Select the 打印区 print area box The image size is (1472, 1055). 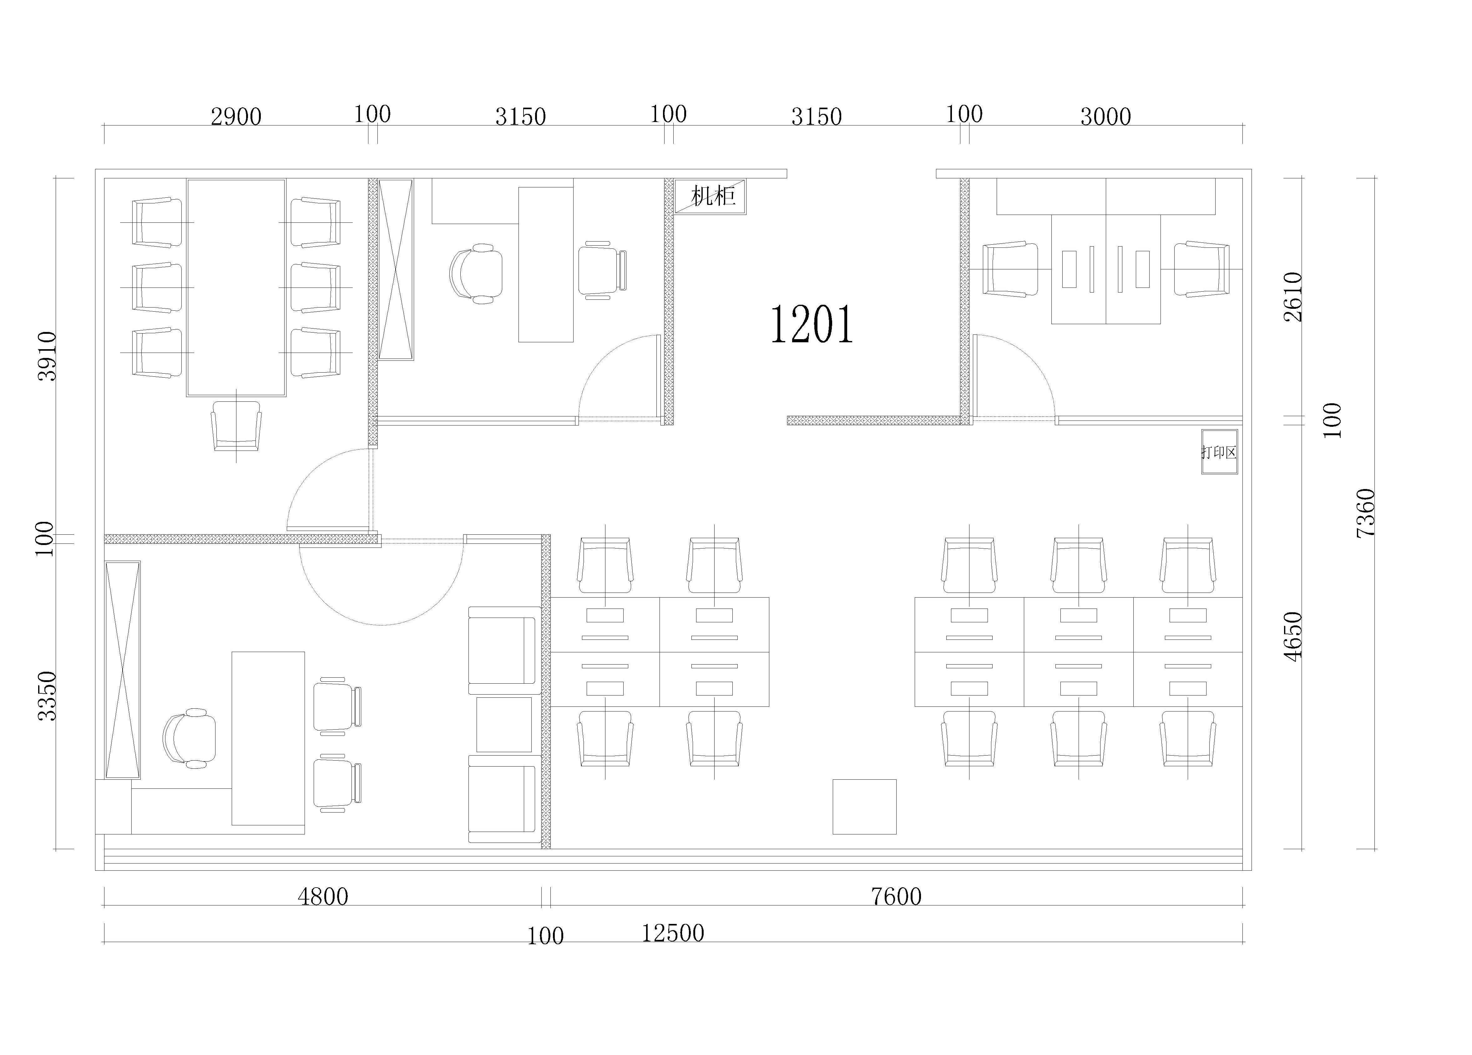[x=1219, y=452]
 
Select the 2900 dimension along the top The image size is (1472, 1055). [x=236, y=117]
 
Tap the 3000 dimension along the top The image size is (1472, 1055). [x=1106, y=117]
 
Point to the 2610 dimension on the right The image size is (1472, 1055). [x=1293, y=297]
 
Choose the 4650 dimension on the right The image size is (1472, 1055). [x=1293, y=637]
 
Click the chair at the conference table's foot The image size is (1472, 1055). [x=236, y=425]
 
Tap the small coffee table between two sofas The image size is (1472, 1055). [x=504, y=725]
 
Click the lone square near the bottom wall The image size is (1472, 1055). [x=864, y=806]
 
